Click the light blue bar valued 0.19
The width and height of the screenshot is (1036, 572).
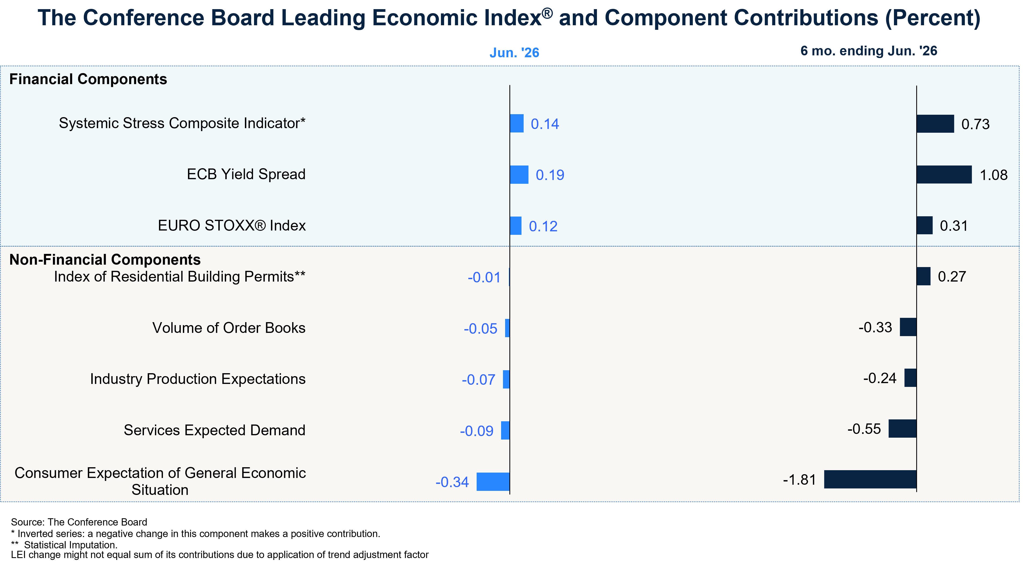(519, 175)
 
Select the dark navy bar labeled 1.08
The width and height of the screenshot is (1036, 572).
(944, 175)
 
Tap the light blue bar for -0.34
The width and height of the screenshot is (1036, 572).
(493, 481)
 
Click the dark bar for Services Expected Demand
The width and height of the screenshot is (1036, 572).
(903, 429)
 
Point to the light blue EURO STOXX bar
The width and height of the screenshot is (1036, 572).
(516, 226)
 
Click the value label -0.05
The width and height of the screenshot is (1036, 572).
(481, 329)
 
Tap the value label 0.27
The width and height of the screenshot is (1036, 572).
(952, 276)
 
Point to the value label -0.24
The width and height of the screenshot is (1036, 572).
(880, 378)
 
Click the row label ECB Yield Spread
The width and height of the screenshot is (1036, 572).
(246, 174)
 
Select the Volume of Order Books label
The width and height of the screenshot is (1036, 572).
(229, 328)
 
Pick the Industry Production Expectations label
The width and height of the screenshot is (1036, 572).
(198, 379)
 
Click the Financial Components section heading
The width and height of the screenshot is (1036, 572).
(88, 79)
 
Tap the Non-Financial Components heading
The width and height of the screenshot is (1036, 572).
(105, 260)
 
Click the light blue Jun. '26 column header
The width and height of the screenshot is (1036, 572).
(515, 53)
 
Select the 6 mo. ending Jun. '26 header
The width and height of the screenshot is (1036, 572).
(869, 51)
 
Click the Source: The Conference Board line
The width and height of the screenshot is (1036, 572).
(79, 522)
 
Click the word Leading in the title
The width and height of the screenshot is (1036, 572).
(323, 18)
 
